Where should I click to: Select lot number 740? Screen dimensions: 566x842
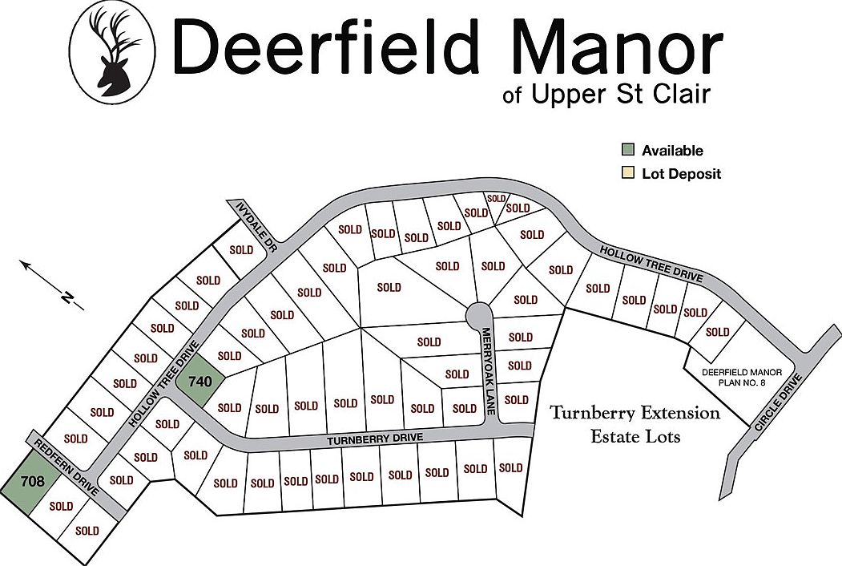pos(199,382)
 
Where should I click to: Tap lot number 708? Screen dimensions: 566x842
pos(33,482)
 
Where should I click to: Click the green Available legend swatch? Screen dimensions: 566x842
pos(629,151)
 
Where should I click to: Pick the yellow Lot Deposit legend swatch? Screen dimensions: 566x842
pos(629,173)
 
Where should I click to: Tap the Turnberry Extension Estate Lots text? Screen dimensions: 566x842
pos(635,425)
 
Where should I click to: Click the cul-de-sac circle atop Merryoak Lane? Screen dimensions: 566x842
pos(479,313)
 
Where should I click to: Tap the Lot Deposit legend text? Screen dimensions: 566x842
pos(681,173)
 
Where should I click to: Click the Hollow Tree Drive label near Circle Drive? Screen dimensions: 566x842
pos(651,265)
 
